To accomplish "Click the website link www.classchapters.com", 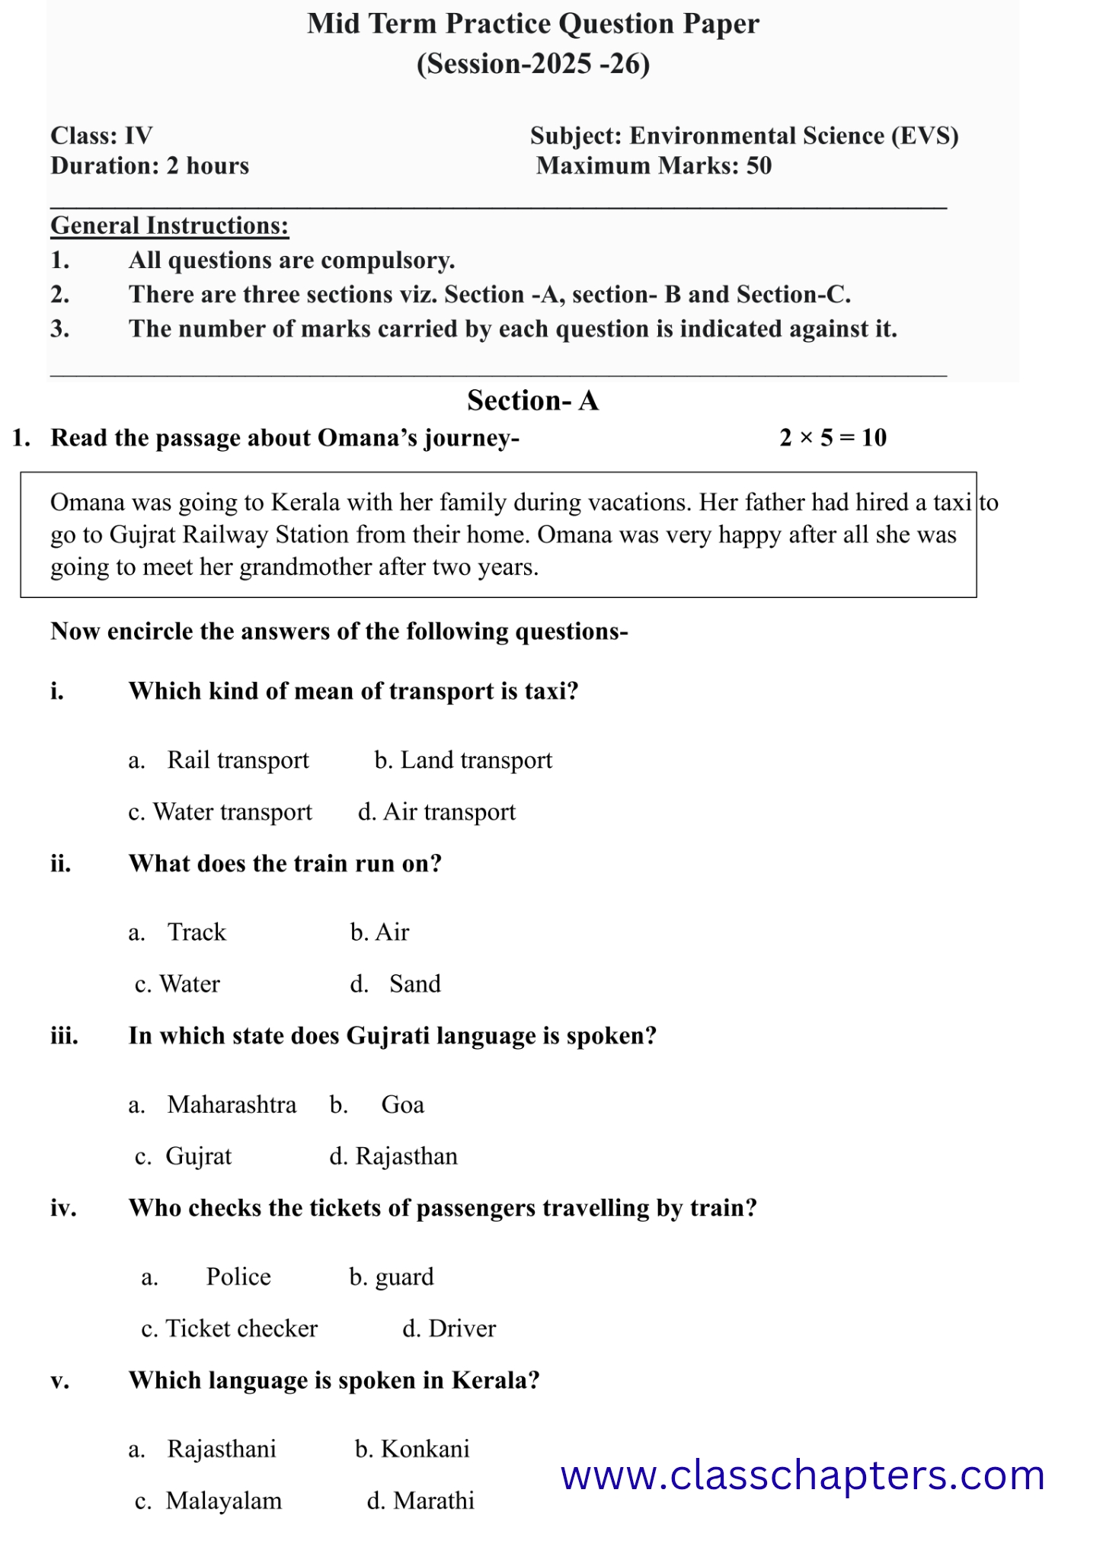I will coord(802,1475).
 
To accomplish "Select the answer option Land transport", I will coord(475,760).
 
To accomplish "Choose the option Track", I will coord(197,932).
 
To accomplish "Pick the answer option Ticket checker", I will coord(241,1328).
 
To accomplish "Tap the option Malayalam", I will coord(223,1501).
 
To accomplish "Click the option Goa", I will coord(402,1104).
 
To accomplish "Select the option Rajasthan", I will coord(406,1156).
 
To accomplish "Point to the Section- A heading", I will coord(532,401).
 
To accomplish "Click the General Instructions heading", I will coord(169,225).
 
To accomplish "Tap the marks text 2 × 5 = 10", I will coord(833,438).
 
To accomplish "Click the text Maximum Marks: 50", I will coord(654,166).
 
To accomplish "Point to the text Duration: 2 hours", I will coord(149,166).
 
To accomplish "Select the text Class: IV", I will coord(101,136).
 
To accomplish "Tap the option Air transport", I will coord(449,812).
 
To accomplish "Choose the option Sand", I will coord(414,984).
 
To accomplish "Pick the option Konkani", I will coord(424,1449).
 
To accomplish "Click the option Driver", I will coord(462,1328).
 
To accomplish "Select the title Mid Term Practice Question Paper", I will coord(532,24).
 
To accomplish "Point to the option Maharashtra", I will coord(232,1104).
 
